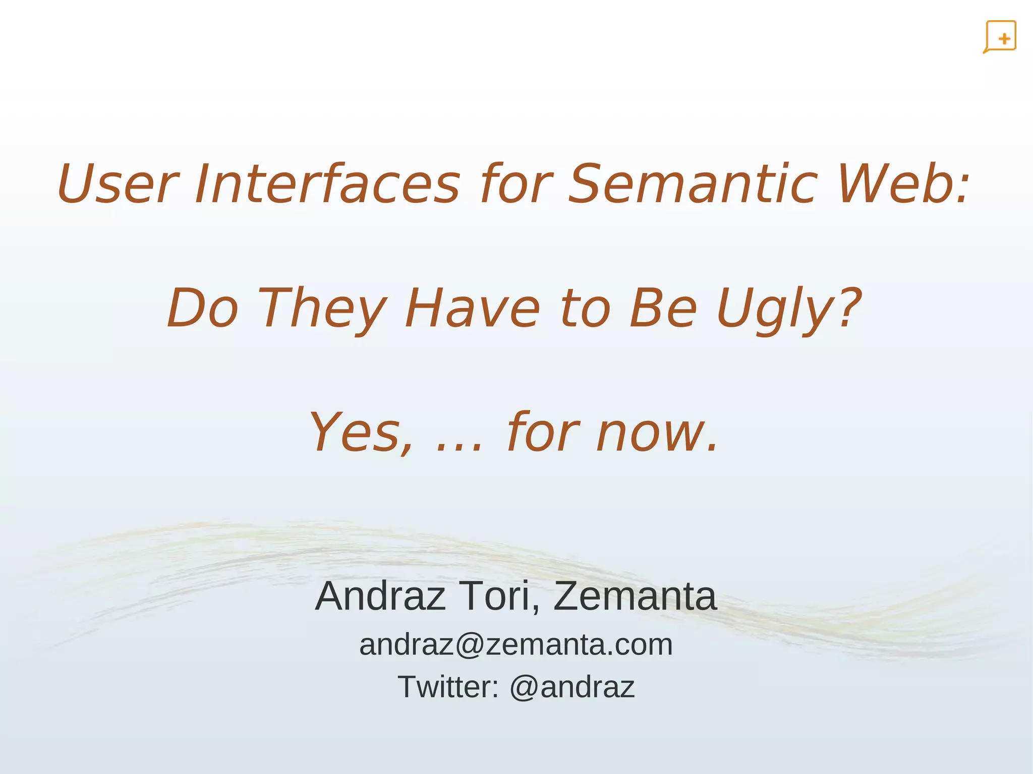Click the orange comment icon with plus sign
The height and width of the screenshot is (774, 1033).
1000,37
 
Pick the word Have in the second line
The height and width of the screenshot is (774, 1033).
472,309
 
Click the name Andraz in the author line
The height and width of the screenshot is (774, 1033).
381,597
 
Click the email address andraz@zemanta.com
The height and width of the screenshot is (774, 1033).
516,645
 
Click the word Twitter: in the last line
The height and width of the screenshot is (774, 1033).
448,687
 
